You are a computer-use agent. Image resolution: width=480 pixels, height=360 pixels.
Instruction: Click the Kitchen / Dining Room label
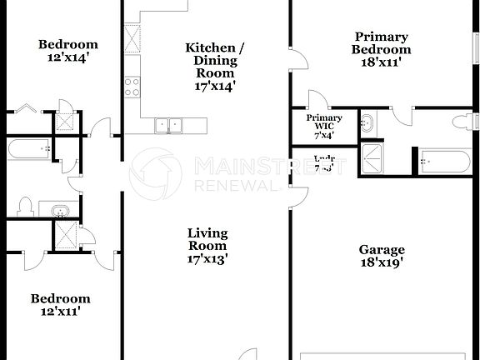click(215, 60)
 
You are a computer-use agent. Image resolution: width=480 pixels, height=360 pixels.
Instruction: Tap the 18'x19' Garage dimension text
click(382, 263)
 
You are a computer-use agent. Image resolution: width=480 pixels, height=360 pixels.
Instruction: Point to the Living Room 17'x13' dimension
click(207, 258)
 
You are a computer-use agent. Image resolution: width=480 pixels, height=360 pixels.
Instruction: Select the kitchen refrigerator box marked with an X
click(132, 38)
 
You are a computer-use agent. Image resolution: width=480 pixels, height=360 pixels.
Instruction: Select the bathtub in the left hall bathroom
click(28, 151)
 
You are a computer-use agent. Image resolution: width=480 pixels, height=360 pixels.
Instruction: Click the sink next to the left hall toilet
click(60, 209)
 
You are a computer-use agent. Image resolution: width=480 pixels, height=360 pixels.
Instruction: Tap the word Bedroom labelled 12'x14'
click(68, 44)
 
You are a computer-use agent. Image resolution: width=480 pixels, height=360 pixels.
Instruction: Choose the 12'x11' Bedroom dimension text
click(60, 312)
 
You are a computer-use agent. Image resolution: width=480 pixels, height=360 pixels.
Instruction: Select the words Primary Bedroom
click(381, 42)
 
